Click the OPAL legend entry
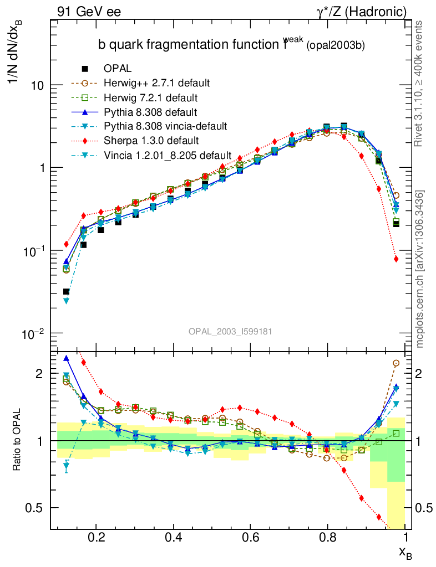(117, 69)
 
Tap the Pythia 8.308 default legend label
(150, 112)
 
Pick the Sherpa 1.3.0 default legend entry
(151, 141)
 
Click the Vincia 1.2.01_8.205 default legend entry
(167, 154)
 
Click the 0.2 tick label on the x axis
(96, 537)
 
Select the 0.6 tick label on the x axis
(251, 537)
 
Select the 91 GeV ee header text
(89, 11)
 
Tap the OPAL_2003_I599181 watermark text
(230, 331)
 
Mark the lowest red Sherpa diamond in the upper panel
(396, 259)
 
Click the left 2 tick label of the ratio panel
(38, 374)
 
